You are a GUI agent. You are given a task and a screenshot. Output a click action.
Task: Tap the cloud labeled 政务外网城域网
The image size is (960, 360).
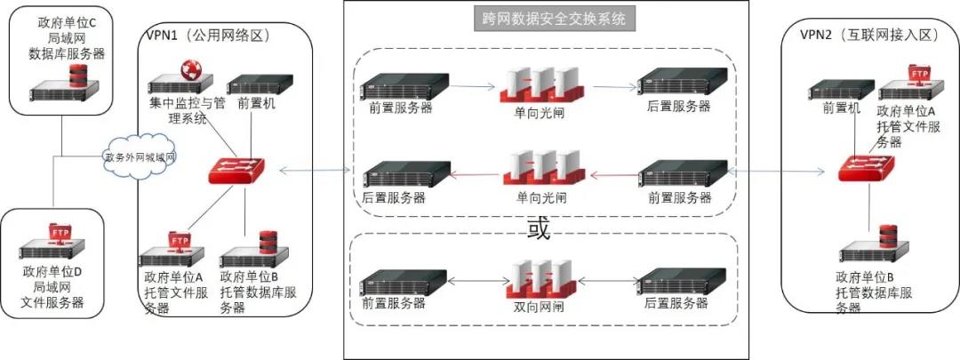coord(140,157)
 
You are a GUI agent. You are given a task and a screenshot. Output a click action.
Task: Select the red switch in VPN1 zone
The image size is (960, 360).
coord(235,170)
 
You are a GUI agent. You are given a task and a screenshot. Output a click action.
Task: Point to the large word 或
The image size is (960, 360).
coord(539,228)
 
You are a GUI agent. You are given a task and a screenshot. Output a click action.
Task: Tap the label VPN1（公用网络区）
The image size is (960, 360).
coord(207,36)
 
